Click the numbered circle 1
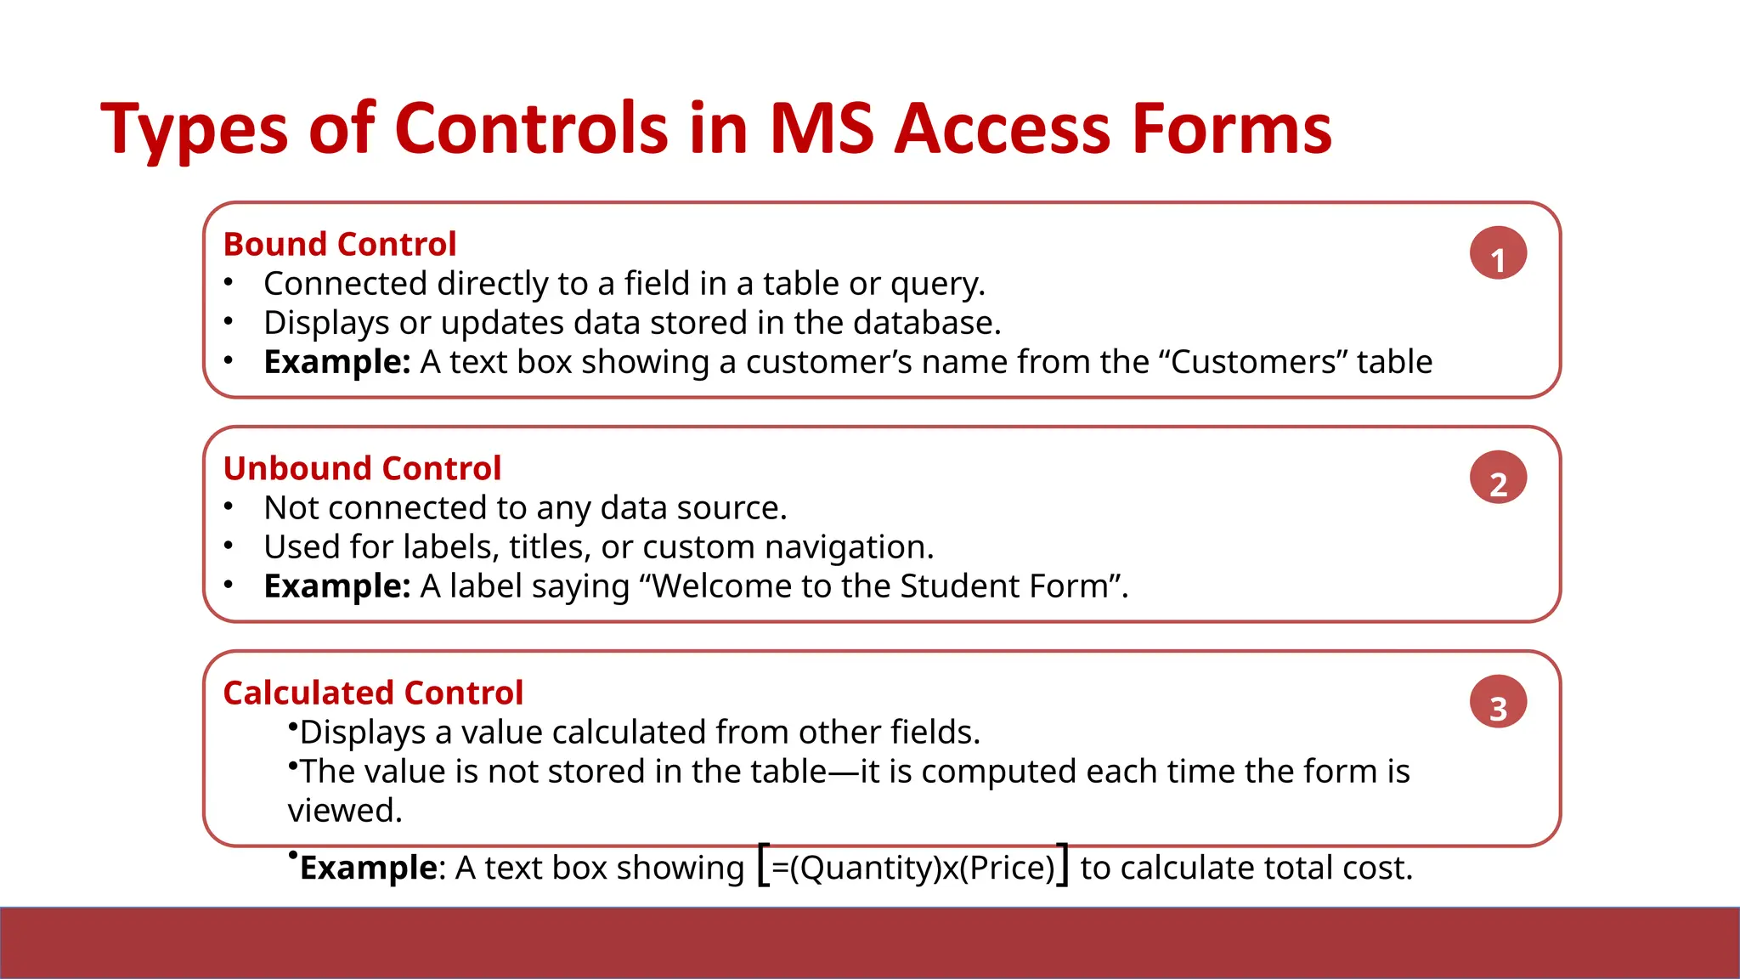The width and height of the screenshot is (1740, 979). tap(1498, 253)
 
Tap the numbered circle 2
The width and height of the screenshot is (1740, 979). tap(1498, 478)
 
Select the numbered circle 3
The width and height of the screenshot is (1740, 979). tap(1498, 702)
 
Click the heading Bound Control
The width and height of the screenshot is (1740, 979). tap(339, 244)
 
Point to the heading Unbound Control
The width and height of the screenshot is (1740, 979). tap(362, 468)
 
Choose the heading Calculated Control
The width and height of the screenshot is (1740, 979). tap(372, 693)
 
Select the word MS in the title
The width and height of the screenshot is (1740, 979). tap(821, 129)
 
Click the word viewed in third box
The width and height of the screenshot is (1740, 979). tap(343, 811)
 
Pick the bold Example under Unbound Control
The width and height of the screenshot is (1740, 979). tap(336, 586)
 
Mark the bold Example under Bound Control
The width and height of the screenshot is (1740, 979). tap(336, 362)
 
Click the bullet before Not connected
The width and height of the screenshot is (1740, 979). tap(229, 507)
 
